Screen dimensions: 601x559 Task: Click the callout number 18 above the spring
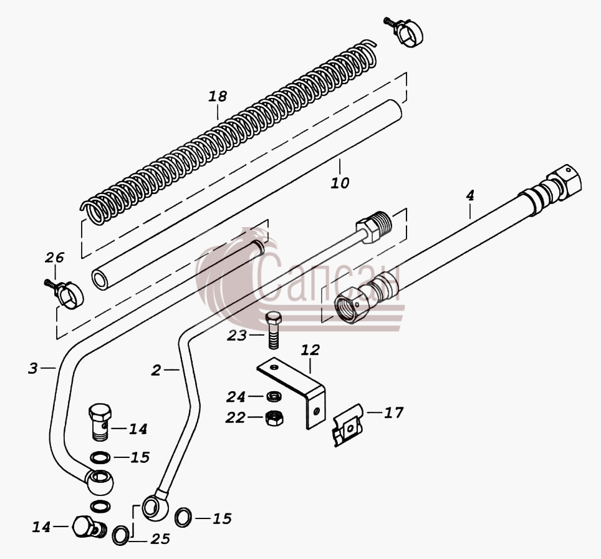pos(218,96)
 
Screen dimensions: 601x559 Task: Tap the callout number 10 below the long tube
pos(340,183)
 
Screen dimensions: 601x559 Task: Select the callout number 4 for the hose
pos(470,195)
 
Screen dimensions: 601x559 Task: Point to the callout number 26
pos(54,258)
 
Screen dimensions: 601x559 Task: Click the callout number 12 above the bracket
pos(310,349)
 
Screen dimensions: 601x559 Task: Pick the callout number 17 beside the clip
pos(394,413)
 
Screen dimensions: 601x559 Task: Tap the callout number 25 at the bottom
pos(160,539)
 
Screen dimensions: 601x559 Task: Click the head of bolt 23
pos(272,318)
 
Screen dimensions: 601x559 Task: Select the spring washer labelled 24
pos(274,396)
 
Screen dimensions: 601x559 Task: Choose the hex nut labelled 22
pos(274,418)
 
